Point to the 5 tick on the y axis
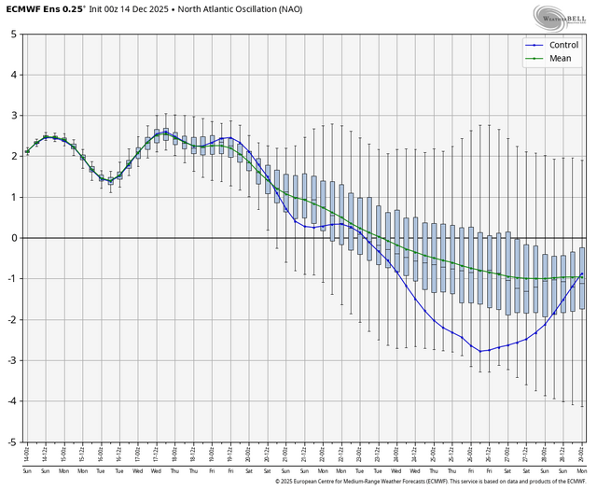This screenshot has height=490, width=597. tap(14, 34)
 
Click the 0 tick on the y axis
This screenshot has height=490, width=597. tap(14, 238)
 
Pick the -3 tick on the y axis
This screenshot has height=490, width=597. tap(12, 360)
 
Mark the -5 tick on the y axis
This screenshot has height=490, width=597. tap(12, 441)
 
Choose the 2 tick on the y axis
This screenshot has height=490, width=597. tap(14, 156)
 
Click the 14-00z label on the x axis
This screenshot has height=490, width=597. tap(27, 455)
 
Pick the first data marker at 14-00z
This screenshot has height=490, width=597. tap(27, 151)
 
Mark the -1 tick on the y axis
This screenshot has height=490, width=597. tap(12, 278)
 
